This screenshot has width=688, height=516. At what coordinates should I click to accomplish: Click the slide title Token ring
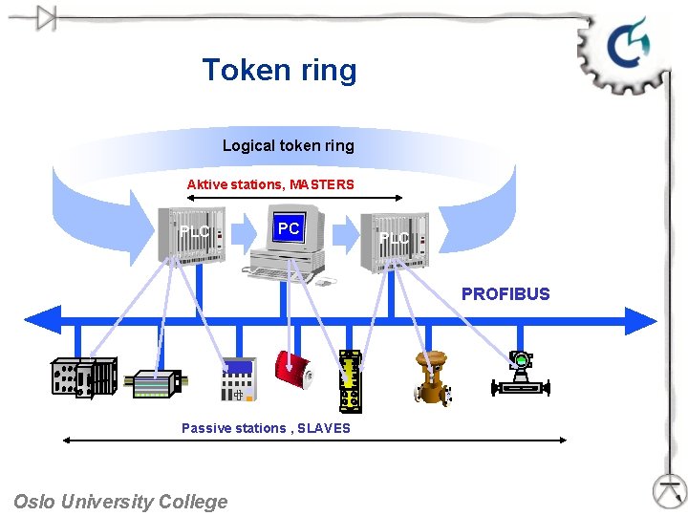(x=279, y=70)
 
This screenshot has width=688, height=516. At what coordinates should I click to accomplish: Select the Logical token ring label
(x=288, y=145)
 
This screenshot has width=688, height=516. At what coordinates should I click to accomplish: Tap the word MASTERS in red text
(x=321, y=184)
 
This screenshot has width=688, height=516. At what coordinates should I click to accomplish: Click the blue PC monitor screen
(x=288, y=229)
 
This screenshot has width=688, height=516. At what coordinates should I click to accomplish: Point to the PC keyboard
(x=278, y=272)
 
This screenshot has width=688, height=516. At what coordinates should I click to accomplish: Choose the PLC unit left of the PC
(x=193, y=233)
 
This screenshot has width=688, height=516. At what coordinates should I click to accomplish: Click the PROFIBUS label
(x=505, y=294)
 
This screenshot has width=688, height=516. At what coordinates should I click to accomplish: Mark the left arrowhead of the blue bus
(x=43, y=318)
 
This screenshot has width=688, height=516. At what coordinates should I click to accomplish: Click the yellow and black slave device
(x=352, y=380)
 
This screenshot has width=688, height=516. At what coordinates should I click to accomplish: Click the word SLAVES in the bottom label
(x=323, y=428)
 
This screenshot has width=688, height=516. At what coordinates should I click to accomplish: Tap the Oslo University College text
(x=120, y=501)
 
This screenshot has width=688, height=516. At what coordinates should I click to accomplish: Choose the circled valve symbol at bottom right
(x=670, y=490)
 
